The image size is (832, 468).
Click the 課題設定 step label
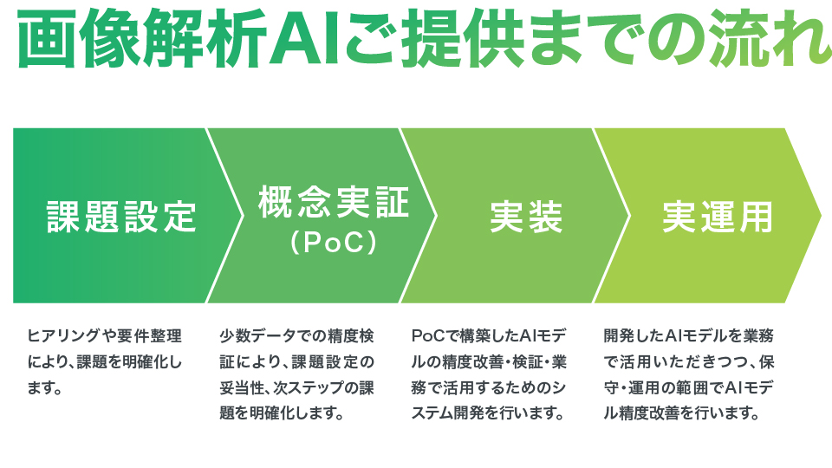click(122, 217)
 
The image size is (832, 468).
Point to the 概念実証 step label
click(334, 202)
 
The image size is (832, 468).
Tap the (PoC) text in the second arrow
click(334, 242)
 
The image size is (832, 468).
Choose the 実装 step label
click(526, 217)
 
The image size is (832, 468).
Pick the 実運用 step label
click(718, 217)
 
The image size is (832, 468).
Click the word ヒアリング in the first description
click(63, 336)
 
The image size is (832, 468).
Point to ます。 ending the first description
click(45, 388)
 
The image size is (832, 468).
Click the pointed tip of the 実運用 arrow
click(821, 216)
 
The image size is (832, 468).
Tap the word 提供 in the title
click(462, 37)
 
